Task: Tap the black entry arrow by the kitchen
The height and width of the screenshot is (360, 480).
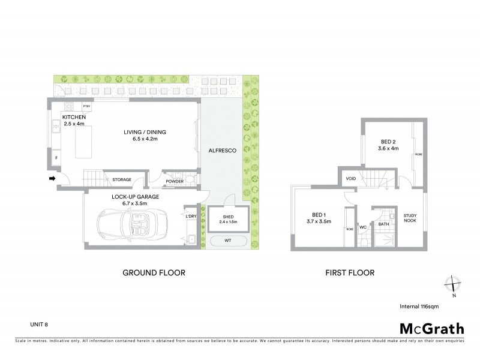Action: pyautogui.click(x=52, y=178)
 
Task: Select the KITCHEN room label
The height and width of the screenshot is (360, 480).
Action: pyautogui.click(x=74, y=117)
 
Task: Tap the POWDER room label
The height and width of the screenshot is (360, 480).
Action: pyautogui.click(x=175, y=181)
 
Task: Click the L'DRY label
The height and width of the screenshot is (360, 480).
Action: pyautogui.click(x=191, y=216)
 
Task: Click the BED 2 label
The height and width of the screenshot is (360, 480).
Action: pyautogui.click(x=389, y=142)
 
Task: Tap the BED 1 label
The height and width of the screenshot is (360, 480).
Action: pyautogui.click(x=318, y=214)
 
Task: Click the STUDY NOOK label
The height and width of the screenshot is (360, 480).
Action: pyautogui.click(x=410, y=218)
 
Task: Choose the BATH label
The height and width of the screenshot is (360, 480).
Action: pyautogui.click(x=383, y=224)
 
